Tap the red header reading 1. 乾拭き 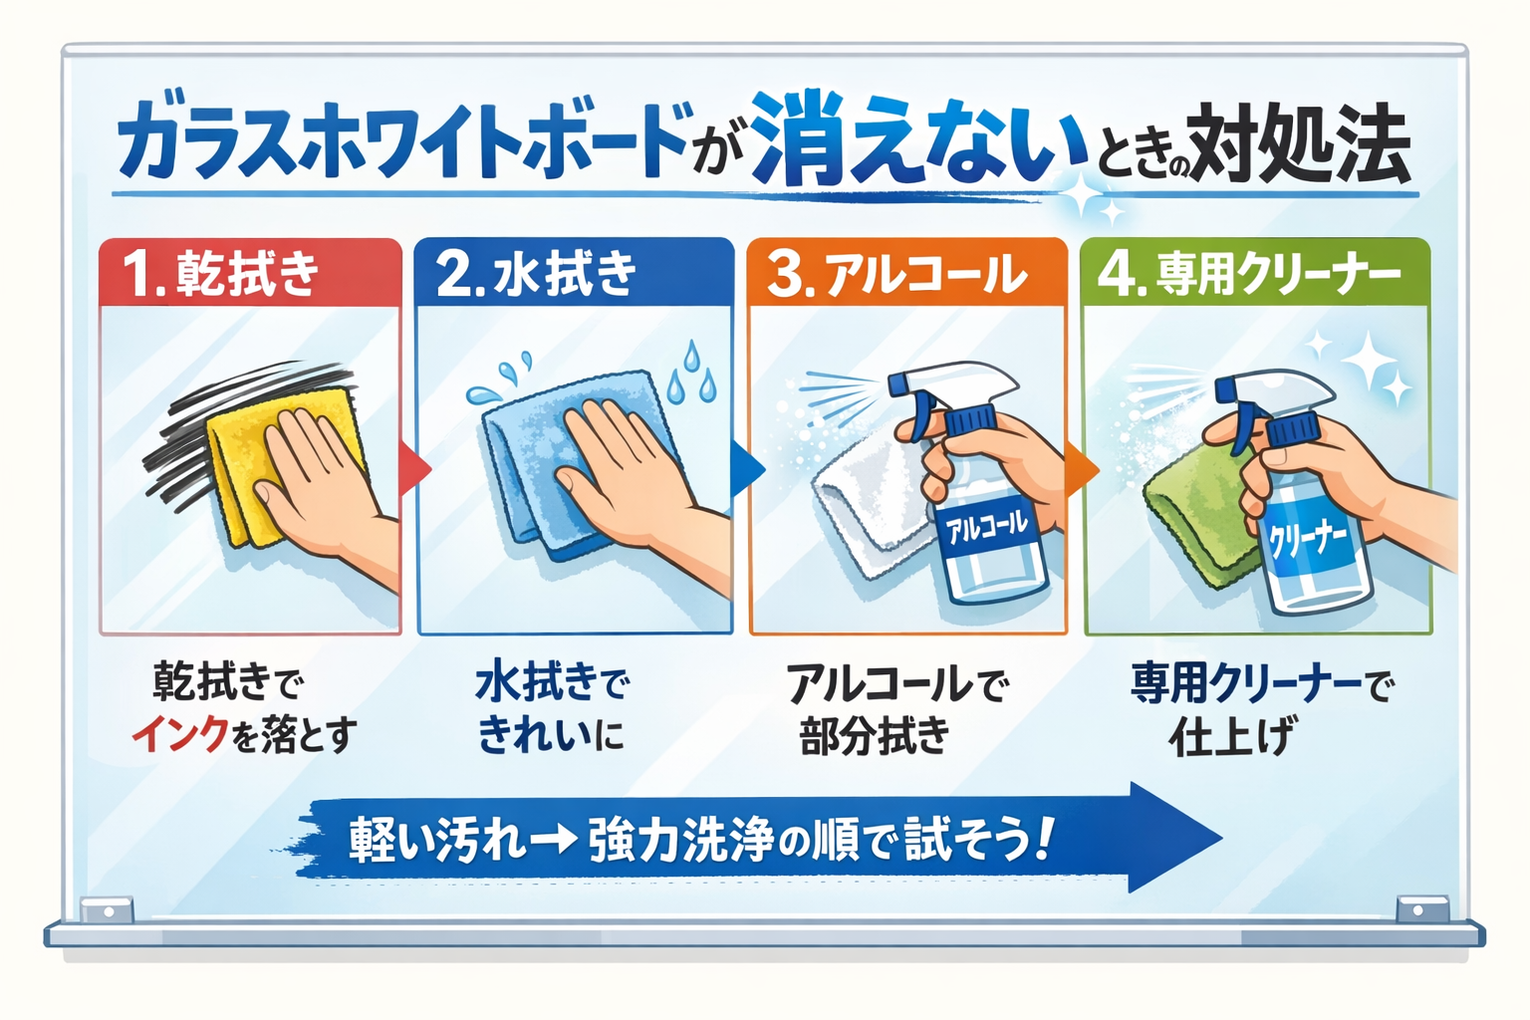[250, 273]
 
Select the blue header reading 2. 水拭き [574, 273]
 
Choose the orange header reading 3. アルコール [907, 273]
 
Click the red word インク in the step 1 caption [179, 735]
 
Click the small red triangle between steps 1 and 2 [414, 469]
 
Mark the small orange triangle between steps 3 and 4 [1081, 470]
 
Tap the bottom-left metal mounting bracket [108, 910]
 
